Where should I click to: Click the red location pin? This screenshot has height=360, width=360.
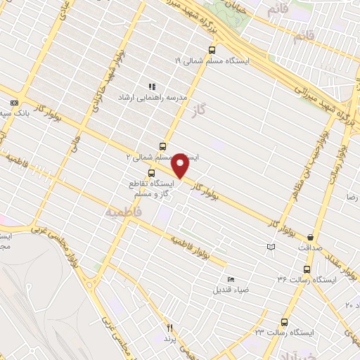point(180,165)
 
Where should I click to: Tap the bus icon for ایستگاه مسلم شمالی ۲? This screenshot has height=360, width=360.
point(163,146)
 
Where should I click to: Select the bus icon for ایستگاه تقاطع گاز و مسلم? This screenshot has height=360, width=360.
point(151,173)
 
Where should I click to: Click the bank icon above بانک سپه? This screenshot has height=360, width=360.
point(14,103)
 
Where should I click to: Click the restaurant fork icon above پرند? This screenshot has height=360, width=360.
point(169,327)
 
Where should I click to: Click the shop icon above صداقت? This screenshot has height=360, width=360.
point(310,237)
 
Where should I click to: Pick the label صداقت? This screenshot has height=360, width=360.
point(309,248)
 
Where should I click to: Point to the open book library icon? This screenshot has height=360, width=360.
point(271,247)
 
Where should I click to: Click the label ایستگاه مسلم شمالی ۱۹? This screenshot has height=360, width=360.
point(241,62)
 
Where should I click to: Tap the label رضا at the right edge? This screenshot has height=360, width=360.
point(349,198)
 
